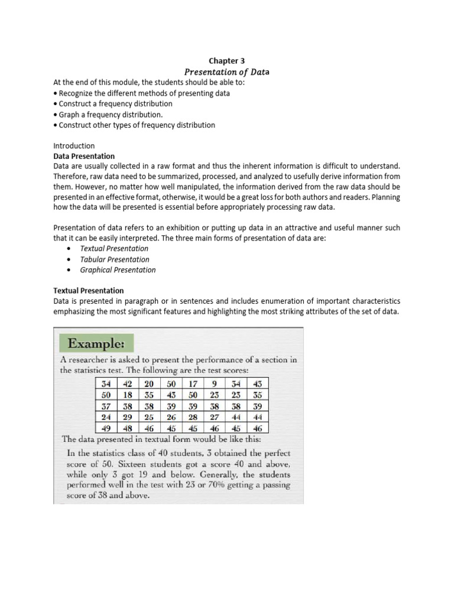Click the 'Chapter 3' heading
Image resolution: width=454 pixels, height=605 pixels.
(226, 61)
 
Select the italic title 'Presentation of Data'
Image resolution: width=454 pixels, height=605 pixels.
(226, 72)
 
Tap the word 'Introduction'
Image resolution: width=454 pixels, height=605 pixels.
(74, 145)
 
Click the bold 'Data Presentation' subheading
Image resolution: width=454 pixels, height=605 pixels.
(84, 157)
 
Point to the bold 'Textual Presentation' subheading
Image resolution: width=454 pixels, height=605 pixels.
(89, 291)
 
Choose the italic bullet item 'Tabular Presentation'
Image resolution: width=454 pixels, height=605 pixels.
(115, 259)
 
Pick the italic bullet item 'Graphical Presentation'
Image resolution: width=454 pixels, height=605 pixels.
(118, 270)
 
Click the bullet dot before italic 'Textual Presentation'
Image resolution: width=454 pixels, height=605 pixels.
(69, 249)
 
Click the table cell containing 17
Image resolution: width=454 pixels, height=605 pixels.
(192, 383)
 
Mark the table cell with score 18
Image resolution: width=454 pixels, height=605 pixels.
(128, 395)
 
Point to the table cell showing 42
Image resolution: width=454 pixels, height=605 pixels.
(128, 383)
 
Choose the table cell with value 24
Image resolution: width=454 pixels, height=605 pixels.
(106, 417)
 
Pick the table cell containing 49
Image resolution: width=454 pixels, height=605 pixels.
(106, 428)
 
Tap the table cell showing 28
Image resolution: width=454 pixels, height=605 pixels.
(192, 417)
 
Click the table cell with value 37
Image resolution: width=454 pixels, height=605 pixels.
(106, 406)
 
